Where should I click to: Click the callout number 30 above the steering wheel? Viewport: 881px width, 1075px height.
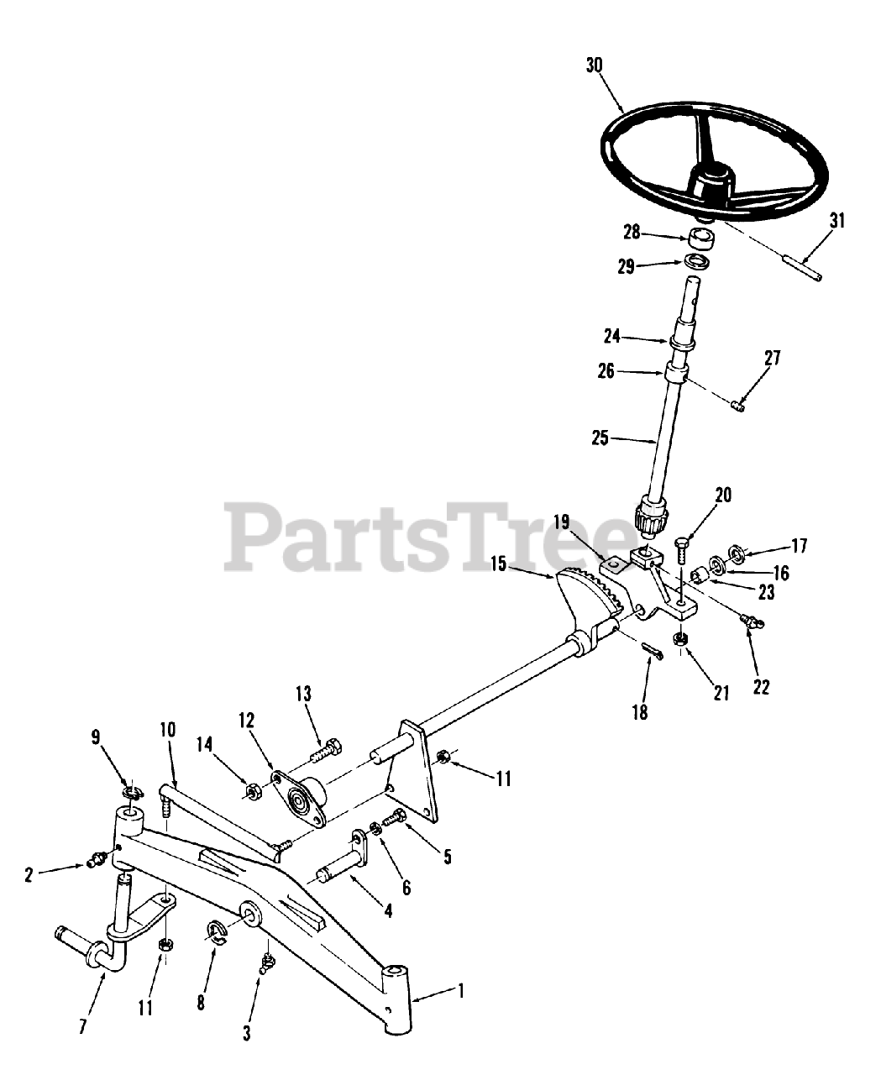pyautogui.click(x=595, y=67)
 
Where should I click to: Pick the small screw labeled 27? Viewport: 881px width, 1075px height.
pyautogui.click(x=736, y=406)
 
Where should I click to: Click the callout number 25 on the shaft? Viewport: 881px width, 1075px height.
pyautogui.click(x=600, y=438)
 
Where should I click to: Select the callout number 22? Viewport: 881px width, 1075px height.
pyautogui.click(x=761, y=686)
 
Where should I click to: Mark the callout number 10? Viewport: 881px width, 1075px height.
pyautogui.click(x=168, y=729)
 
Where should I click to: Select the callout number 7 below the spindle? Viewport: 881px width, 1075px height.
pyautogui.click(x=82, y=1027)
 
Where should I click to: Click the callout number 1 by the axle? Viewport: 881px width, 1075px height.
pyautogui.click(x=460, y=992)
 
